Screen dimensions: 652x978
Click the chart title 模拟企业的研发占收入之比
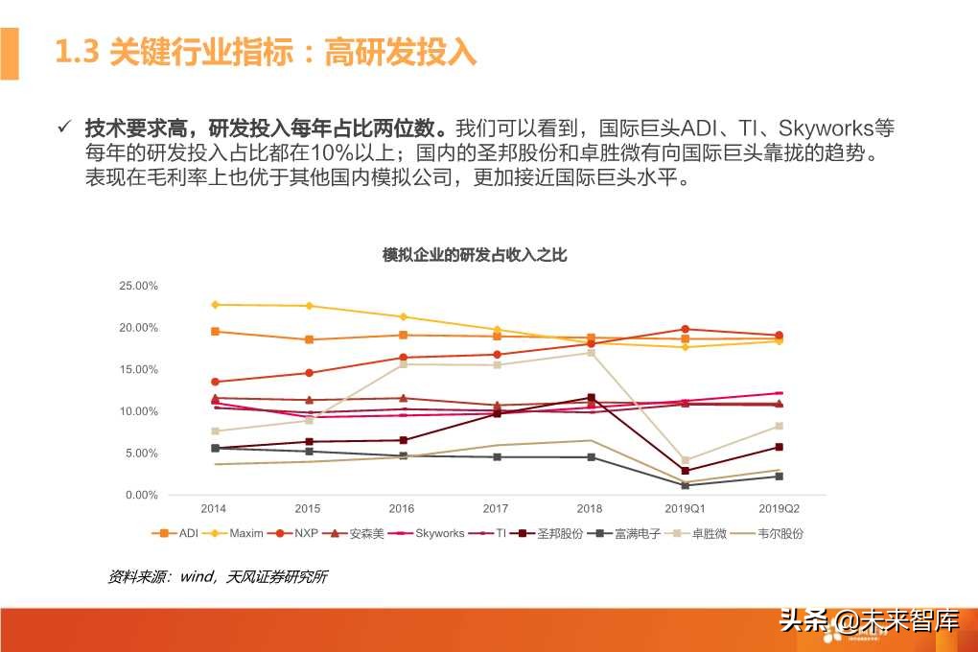[x=475, y=255]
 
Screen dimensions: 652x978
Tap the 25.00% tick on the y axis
[x=138, y=286]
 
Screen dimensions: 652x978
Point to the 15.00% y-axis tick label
[x=138, y=369]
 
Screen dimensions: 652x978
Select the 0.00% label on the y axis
[x=140, y=495]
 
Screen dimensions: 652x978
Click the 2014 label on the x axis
[x=214, y=508]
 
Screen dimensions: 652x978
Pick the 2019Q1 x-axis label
[x=685, y=508]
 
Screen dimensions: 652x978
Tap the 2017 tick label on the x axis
[x=496, y=508]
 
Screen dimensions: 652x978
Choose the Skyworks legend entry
[x=431, y=533]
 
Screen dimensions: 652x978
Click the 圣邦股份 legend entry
[x=553, y=533]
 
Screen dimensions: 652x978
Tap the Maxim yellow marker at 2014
[x=215, y=305]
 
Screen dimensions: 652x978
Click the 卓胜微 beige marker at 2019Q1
[x=685, y=460]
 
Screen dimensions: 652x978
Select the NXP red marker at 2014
[x=215, y=382]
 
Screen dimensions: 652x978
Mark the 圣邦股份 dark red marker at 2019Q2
[x=779, y=447]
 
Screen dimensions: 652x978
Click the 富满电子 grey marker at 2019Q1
[x=685, y=485]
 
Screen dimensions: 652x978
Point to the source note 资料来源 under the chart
[x=217, y=577]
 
